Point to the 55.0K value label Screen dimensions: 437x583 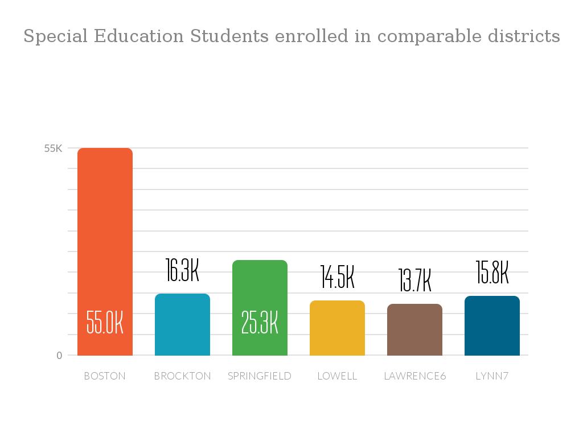pos(105,322)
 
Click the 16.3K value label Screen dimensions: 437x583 pos(182,270)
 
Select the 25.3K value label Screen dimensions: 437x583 pos(260,322)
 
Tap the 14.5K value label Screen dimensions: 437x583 pos(337,277)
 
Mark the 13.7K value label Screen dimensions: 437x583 pos(414,281)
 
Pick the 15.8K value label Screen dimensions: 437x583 pos(492,273)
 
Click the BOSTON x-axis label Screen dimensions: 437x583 pos(105,376)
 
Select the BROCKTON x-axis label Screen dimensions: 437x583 pos(182,376)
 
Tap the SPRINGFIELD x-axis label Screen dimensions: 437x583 pos(260,376)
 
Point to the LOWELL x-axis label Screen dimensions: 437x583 pos(337,376)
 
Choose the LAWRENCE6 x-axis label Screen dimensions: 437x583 pos(414,376)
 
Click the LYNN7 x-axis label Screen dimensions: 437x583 pos(492,376)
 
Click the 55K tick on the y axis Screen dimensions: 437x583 pos(54,149)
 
